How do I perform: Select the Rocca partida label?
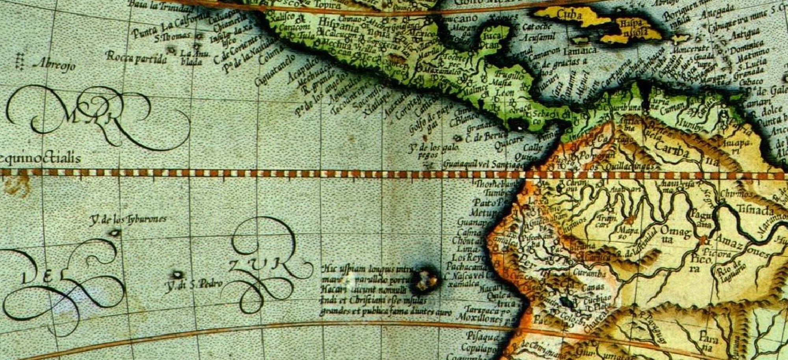pyautogui.click(x=136, y=58)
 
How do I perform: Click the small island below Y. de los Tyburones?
pyautogui.click(x=115, y=233)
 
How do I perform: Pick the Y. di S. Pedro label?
pyautogui.click(x=193, y=284)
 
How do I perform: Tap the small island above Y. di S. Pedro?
pyautogui.click(x=178, y=275)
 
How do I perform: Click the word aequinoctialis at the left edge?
pyautogui.click(x=39, y=158)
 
